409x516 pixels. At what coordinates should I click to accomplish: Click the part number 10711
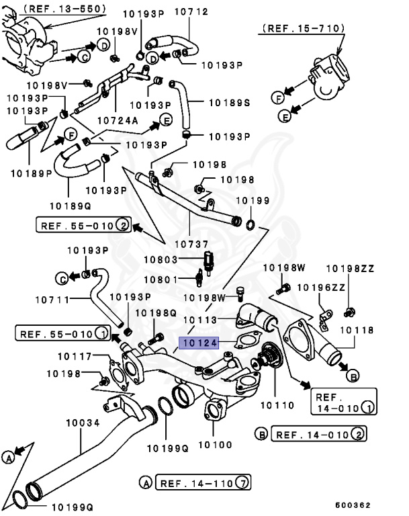tap(52, 298)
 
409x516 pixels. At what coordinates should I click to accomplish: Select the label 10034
tap(83, 423)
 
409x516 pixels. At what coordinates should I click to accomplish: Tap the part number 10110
tap(277, 405)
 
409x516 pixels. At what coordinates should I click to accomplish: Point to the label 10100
tap(214, 445)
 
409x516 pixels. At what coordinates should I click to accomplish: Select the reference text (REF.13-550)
tap(65, 8)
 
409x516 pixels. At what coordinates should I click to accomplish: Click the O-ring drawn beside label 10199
tap(251, 222)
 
